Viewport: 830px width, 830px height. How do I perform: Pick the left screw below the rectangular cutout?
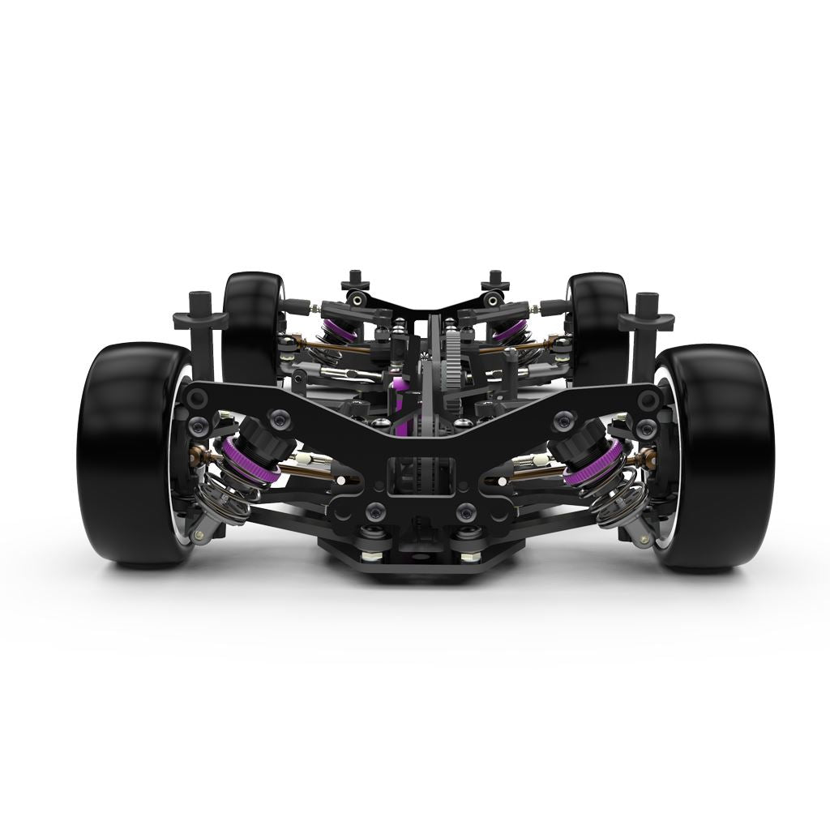375,511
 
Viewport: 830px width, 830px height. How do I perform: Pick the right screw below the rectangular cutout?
465,511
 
